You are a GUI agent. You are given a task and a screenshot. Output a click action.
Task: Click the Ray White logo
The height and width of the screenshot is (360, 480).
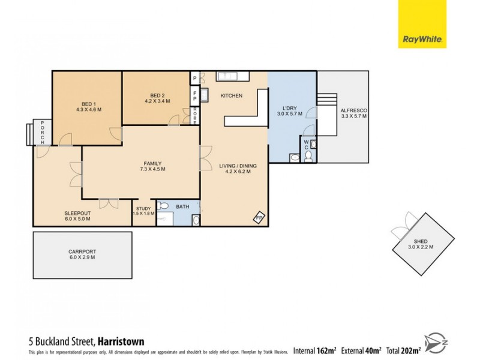pos(422,24)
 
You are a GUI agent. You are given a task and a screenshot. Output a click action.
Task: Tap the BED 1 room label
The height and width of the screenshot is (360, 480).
pos(89,106)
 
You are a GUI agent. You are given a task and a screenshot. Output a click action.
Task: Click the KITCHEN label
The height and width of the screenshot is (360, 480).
pos(231,96)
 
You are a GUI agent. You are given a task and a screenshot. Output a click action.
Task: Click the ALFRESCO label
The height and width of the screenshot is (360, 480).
pos(353,113)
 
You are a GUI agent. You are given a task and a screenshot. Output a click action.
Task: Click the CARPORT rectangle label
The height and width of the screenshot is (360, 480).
pos(82,254)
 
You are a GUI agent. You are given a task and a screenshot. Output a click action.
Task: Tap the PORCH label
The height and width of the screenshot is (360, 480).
pos(43,131)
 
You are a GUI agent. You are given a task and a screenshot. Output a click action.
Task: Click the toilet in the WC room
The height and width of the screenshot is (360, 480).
pos(308,157)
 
